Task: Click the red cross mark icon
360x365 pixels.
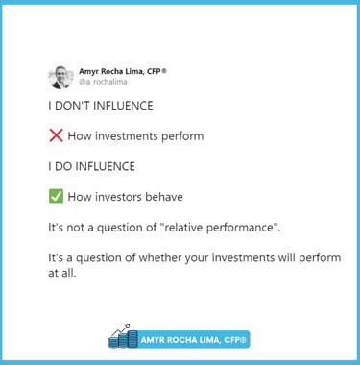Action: [55, 136]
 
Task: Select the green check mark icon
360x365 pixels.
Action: [55, 198]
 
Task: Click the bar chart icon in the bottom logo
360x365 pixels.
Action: [122, 337]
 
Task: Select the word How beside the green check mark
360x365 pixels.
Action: [81, 198]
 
